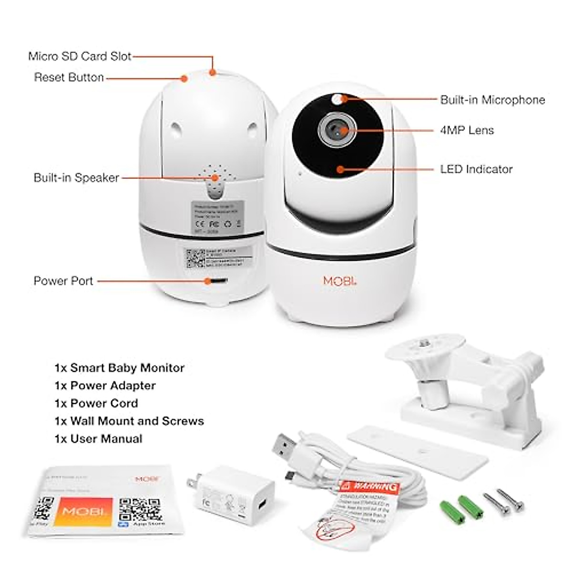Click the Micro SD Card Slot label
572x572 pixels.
[80, 56]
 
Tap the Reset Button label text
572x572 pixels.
[69, 77]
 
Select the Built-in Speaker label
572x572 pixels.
[76, 178]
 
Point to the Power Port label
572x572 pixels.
[63, 281]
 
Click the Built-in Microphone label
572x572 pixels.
[492, 100]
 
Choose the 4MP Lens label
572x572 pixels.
[467, 130]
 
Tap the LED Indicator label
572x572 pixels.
[476, 169]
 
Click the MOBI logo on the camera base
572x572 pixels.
[339, 281]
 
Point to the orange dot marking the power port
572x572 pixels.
[208, 281]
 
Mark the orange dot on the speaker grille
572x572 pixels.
[215, 178]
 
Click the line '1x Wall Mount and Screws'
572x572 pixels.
[129, 421]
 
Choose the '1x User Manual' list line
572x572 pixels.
[98, 439]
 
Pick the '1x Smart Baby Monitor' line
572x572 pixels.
[119, 368]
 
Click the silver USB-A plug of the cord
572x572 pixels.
[286, 448]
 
